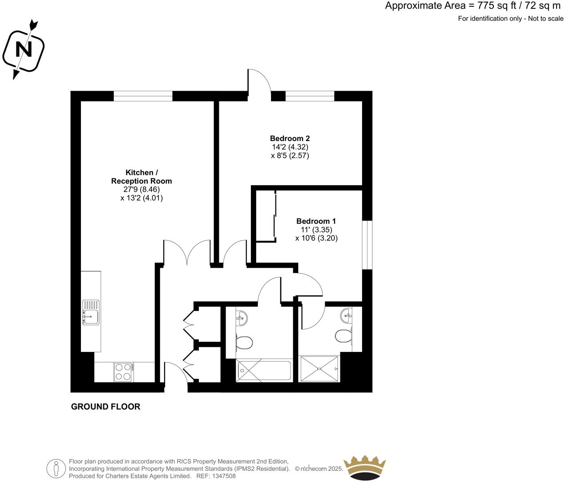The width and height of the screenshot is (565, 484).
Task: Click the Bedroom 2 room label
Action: tap(290, 138)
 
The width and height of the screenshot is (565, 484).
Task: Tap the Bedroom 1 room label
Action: tap(316, 221)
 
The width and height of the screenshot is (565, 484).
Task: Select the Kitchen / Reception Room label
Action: tap(141, 177)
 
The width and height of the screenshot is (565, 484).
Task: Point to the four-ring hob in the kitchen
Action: tap(123, 372)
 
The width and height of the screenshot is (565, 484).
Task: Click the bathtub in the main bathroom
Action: tap(264, 371)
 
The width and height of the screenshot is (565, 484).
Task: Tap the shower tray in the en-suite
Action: tap(319, 368)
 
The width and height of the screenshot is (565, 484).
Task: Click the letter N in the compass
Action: tap(24, 49)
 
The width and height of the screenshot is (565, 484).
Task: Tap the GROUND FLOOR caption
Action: tap(105, 406)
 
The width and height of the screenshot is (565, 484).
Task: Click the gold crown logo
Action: tap(364, 467)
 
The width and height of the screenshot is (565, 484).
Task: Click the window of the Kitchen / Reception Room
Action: tap(143, 96)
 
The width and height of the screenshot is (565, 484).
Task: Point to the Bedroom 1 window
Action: tap(367, 245)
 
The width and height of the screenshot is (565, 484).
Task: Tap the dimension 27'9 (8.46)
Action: tap(141, 190)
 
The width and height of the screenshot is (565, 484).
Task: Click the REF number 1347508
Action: tap(222, 476)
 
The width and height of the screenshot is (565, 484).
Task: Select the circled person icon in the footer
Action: tap(56, 468)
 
